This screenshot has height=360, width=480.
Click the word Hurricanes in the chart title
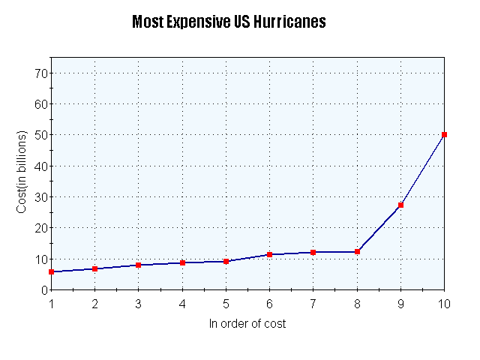(289, 22)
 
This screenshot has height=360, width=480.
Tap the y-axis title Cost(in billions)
(22, 172)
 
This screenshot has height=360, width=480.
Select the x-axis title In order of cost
(247, 324)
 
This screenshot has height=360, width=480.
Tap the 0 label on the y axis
(43, 290)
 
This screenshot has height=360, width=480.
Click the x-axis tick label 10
(444, 304)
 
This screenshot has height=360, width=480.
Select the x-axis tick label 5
(226, 304)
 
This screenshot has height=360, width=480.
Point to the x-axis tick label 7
(313, 304)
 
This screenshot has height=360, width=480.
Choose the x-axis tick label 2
(94, 304)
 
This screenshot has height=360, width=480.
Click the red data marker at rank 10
(444, 135)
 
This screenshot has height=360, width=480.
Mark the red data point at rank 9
(400, 205)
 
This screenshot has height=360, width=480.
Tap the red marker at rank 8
(357, 252)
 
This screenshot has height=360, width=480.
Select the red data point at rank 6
(269, 254)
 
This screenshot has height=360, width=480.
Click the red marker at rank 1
(51, 271)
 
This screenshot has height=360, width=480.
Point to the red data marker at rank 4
(182, 262)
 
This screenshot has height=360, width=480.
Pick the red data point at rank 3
(138, 265)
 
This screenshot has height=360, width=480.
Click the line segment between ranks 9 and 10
(422, 170)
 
